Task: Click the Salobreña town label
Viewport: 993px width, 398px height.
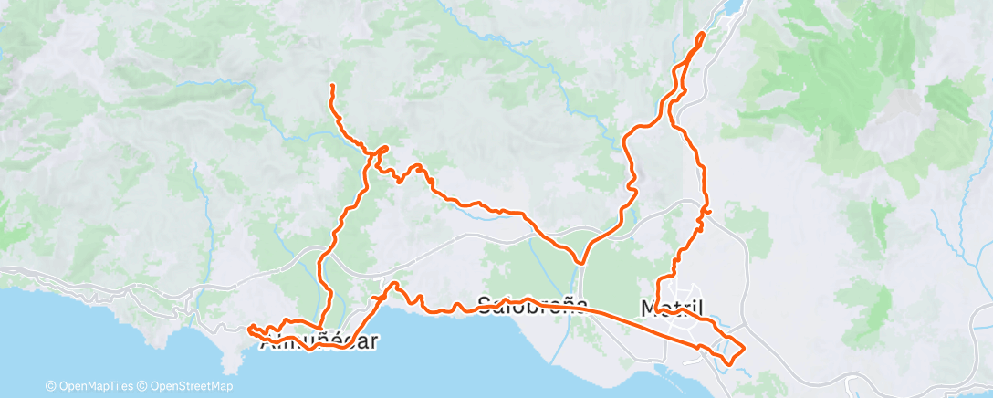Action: coord(529,305)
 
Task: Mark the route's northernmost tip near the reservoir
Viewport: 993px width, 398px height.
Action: coord(703,34)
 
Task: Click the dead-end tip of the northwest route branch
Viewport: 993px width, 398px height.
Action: coord(331,86)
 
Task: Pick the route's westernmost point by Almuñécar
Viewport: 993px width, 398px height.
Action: coord(248,327)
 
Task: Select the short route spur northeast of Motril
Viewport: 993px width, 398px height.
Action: coord(708,213)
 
